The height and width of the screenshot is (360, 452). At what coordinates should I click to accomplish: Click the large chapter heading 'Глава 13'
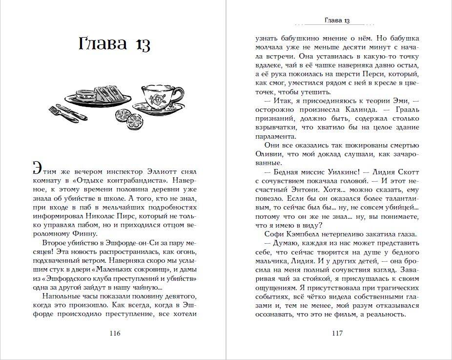pyautogui.click(x=114, y=43)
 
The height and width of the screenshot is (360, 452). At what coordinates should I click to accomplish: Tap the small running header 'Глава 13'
pyautogui.click(x=337, y=20)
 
